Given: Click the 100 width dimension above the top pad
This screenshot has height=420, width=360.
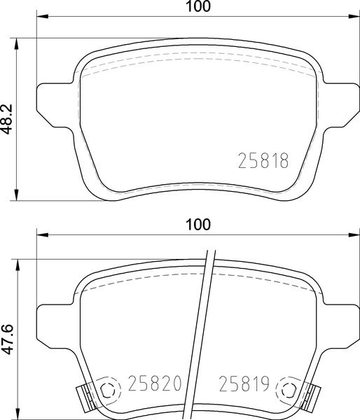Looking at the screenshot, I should coord(199,7).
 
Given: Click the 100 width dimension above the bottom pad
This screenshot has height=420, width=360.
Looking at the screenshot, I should coord(199,225).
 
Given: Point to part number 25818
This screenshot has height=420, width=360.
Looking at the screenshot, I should coord(265,162).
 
